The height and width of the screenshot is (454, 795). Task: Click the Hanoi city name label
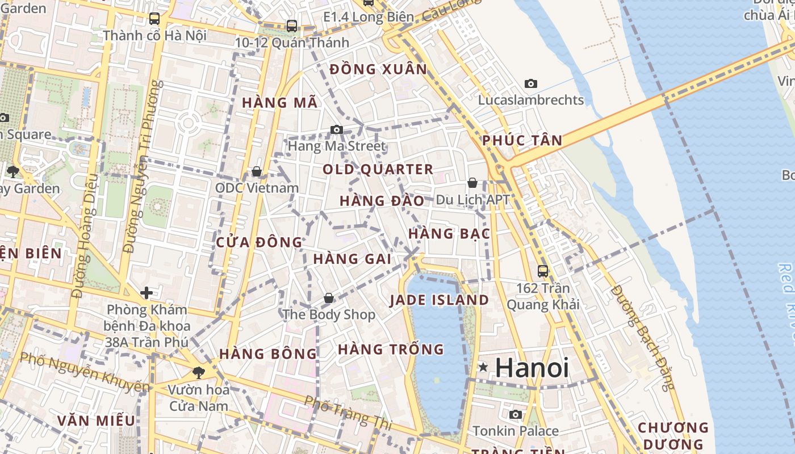coord(532,368)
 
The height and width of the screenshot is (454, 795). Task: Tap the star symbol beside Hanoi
coord(483,368)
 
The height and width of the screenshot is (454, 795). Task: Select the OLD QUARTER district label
coord(378,169)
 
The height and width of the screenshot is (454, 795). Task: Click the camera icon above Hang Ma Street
coord(337,130)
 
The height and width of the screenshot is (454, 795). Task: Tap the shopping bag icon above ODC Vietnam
coord(257,171)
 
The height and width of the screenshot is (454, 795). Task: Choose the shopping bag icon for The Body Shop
coord(329,298)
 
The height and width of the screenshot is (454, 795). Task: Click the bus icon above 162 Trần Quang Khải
coord(543,271)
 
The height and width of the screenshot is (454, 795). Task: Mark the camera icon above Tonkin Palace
coord(516,415)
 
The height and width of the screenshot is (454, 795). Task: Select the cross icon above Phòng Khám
coord(147,293)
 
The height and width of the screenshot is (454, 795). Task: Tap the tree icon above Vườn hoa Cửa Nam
coord(199,373)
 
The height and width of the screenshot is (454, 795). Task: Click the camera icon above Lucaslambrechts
coord(531,84)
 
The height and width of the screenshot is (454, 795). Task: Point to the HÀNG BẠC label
coord(449,233)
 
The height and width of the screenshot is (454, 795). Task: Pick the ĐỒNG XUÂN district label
coord(378,69)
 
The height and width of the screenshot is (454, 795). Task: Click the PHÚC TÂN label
coord(522,140)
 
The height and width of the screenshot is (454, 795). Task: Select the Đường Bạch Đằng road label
coord(650,338)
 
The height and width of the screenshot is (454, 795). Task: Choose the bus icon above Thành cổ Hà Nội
coord(154,19)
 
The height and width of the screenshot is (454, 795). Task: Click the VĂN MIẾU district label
coord(97,421)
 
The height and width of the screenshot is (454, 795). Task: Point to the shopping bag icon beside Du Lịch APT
coord(472,183)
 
